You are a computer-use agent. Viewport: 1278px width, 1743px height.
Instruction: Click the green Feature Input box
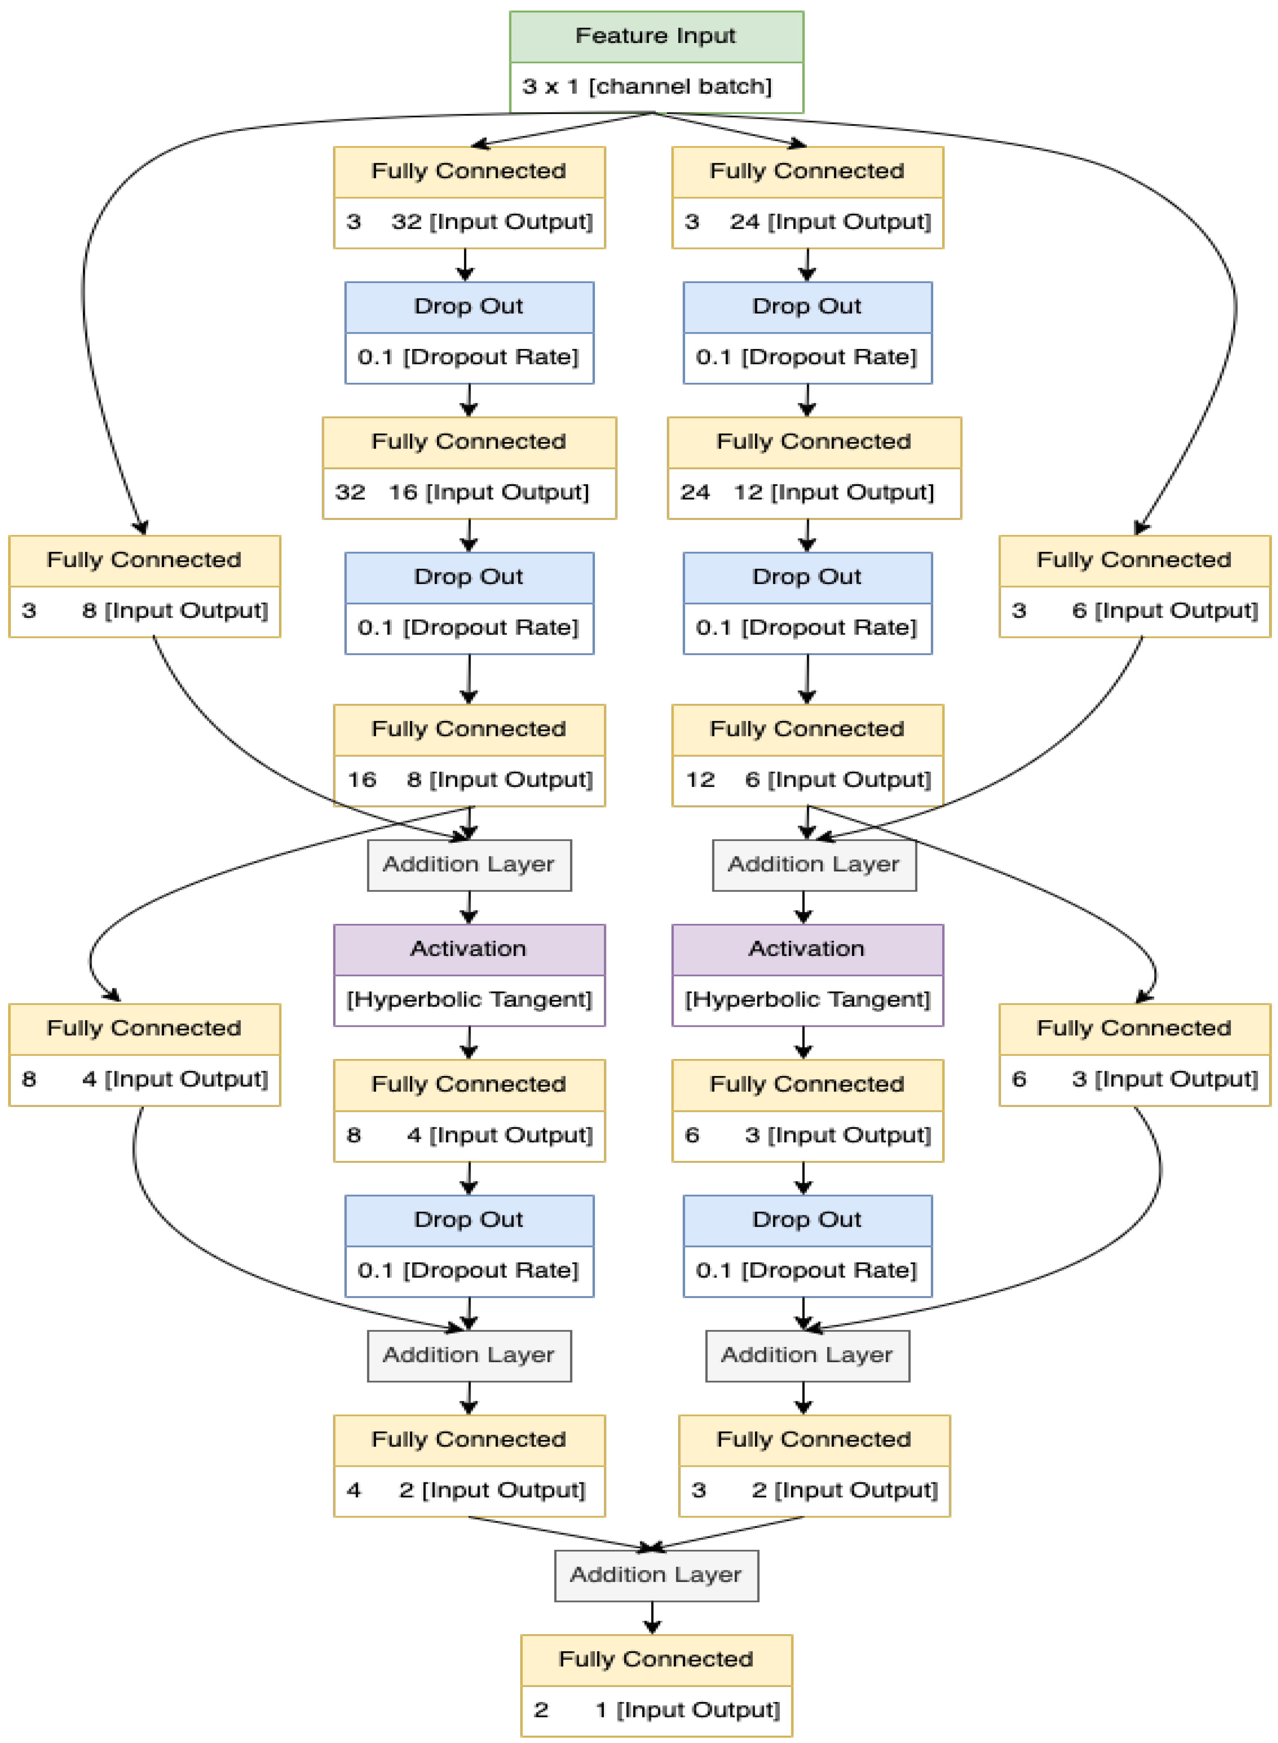tap(656, 62)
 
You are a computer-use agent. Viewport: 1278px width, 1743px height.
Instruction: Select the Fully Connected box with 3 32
tap(469, 197)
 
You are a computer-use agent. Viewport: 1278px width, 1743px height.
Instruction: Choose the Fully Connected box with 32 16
tap(469, 468)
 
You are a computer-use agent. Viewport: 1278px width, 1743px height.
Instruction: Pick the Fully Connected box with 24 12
tap(814, 468)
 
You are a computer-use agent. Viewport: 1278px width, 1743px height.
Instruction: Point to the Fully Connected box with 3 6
tap(1134, 586)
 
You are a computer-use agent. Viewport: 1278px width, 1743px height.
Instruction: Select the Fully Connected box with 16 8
tap(469, 755)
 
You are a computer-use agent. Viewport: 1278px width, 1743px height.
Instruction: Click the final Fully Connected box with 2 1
tap(656, 1685)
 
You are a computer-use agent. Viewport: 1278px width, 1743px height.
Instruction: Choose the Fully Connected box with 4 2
tap(469, 1465)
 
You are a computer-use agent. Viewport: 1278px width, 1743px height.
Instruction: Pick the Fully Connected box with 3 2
tap(814, 1465)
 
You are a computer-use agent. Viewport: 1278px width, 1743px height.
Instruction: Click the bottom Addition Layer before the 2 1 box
tap(656, 1575)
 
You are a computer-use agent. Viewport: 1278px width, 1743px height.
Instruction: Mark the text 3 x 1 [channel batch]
tap(647, 86)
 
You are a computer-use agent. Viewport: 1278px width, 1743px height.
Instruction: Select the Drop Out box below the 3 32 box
tap(469, 332)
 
